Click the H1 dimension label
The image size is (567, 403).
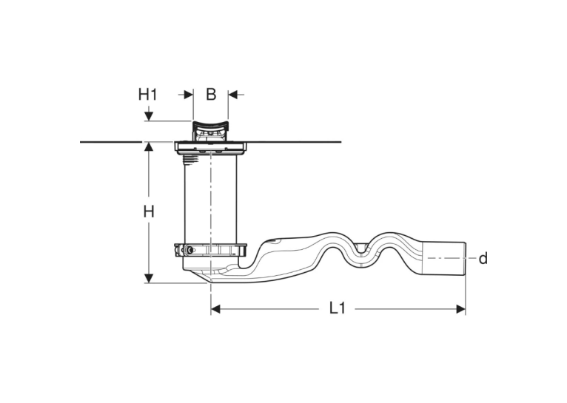(x=148, y=95)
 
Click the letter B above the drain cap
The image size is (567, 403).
(x=211, y=94)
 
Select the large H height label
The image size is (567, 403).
(x=148, y=211)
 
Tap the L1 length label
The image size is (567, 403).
(x=337, y=308)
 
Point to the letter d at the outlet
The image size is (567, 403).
(x=483, y=259)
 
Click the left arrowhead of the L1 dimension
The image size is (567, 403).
(x=215, y=309)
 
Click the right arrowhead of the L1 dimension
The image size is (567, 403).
(x=460, y=309)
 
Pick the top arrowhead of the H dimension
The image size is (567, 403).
(x=149, y=146)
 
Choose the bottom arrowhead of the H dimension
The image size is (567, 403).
(x=149, y=279)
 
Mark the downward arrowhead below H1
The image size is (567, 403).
(x=149, y=116)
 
